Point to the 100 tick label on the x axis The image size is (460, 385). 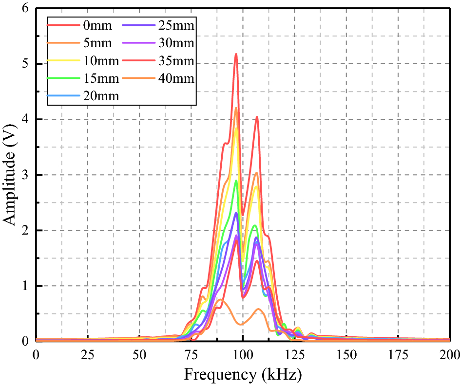pyautogui.click(x=243, y=353)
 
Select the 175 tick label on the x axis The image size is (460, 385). pyautogui.click(x=398, y=353)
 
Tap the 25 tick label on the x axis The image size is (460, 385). pyautogui.click(x=88, y=353)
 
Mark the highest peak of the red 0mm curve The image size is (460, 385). pyautogui.click(x=236, y=54)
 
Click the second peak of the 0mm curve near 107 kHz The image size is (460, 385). pyautogui.click(x=257, y=117)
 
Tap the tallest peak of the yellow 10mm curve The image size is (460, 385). pyautogui.click(x=236, y=128)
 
